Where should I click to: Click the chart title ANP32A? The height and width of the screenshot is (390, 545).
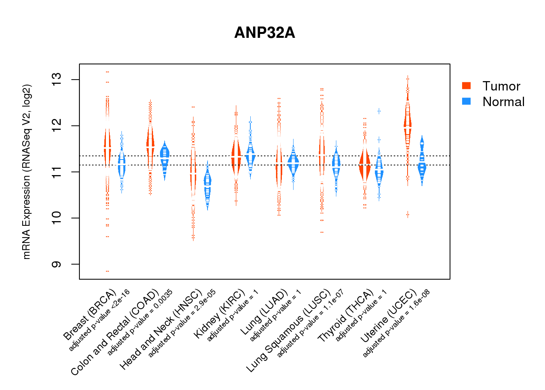(265, 33)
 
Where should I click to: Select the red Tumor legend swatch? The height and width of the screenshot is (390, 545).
(466, 86)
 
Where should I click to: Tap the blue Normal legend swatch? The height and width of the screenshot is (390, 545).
(466, 101)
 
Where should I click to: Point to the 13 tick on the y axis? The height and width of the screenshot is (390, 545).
(57, 80)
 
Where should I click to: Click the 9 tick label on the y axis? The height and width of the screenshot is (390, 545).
(57, 264)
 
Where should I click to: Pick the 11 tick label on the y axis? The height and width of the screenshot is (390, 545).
(57, 172)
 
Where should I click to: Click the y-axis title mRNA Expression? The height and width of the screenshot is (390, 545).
(26, 172)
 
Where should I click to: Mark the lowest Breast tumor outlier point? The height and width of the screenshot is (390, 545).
(107, 271)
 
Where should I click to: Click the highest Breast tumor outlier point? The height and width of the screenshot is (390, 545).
(107, 72)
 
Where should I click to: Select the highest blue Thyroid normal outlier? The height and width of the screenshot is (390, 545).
(379, 111)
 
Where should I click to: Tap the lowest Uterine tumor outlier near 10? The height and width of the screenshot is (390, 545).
(408, 214)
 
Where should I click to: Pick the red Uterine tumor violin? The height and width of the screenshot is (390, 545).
(408, 125)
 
